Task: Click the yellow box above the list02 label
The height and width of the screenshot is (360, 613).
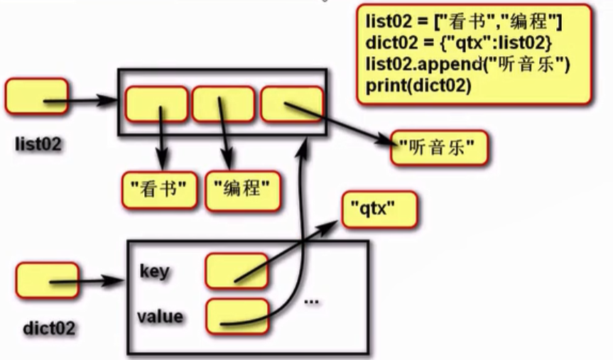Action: click(36, 98)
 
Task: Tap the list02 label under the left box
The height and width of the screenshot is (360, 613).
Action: click(38, 145)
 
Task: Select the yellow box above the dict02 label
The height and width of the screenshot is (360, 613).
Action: click(46, 280)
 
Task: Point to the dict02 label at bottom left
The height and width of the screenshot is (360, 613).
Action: click(48, 329)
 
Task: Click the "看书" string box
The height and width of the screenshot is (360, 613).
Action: click(158, 188)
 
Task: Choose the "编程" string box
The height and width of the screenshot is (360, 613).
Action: click(241, 188)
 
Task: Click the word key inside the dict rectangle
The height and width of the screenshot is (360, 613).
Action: click(154, 271)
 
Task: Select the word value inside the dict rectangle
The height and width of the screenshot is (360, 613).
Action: click(161, 316)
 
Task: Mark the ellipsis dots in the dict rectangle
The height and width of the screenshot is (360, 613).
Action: click(311, 300)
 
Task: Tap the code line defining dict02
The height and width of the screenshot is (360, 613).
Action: click(458, 44)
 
